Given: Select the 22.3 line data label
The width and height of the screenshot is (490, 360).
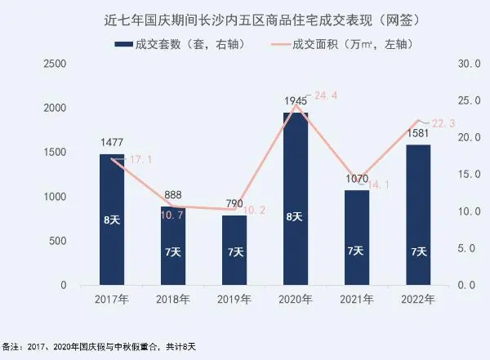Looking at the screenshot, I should tap(443, 122).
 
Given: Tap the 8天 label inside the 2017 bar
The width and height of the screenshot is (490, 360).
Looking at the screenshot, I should tap(112, 219).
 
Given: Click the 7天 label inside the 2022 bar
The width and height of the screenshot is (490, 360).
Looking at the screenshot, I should tap(417, 251).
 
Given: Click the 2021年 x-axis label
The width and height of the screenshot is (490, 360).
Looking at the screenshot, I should tap(356, 299).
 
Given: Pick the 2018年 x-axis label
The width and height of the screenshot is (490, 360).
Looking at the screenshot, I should tap(173, 299).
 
